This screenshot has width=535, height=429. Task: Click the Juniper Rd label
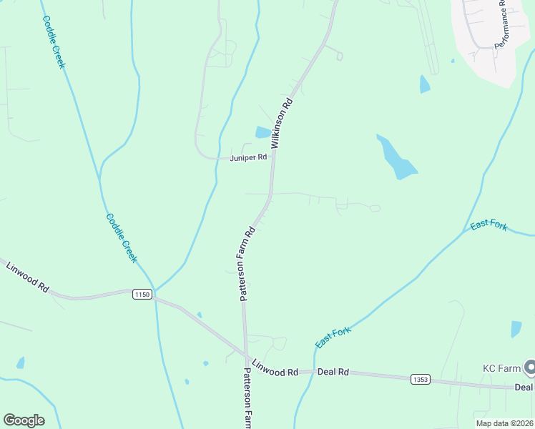tap(248, 157)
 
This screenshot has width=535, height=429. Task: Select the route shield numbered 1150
tap(143, 295)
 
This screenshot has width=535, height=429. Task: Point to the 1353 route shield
tap(421, 379)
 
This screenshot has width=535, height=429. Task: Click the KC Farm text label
tap(499, 368)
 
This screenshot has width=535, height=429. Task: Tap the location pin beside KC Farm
tap(530, 368)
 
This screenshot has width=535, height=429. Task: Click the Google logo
tap(24, 420)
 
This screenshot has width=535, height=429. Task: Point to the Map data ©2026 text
tap(504, 423)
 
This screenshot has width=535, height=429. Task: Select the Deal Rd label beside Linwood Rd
tap(333, 373)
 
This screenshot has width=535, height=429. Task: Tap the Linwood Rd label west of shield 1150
tap(27, 277)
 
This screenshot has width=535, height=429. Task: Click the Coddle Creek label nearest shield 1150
tap(121, 237)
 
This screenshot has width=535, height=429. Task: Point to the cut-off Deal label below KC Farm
tap(524, 388)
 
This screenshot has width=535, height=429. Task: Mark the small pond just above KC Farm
tap(516, 329)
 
